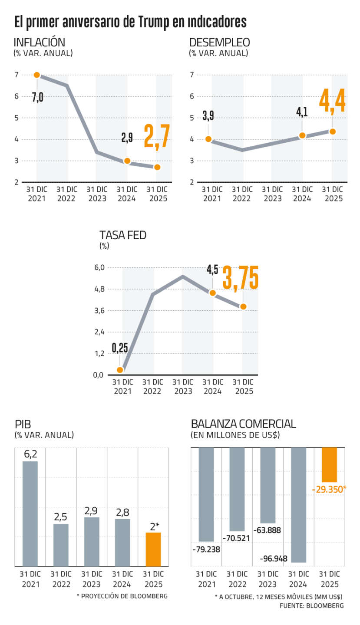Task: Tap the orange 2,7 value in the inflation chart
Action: [x=157, y=136]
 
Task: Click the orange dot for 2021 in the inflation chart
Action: [x=36, y=75]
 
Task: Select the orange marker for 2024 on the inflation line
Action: [x=127, y=161]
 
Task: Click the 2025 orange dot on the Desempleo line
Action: [x=332, y=132]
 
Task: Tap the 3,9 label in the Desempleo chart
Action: [x=208, y=115]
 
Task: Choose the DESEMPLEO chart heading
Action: [x=220, y=43]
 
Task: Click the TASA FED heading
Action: [x=123, y=236]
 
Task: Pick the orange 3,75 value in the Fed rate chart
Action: [x=240, y=278]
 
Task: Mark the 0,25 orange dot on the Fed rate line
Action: [x=120, y=370]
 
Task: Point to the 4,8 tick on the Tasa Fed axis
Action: [x=99, y=289]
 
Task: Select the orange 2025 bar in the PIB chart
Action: [x=153, y=549]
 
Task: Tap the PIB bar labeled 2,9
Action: [x=92, y=542]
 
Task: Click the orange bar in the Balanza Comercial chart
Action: [x=329, y=465]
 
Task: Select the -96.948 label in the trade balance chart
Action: [x=274, y=559]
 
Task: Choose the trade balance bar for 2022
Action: [x=237, y=490]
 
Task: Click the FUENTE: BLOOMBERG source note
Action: [x=312, y=606]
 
